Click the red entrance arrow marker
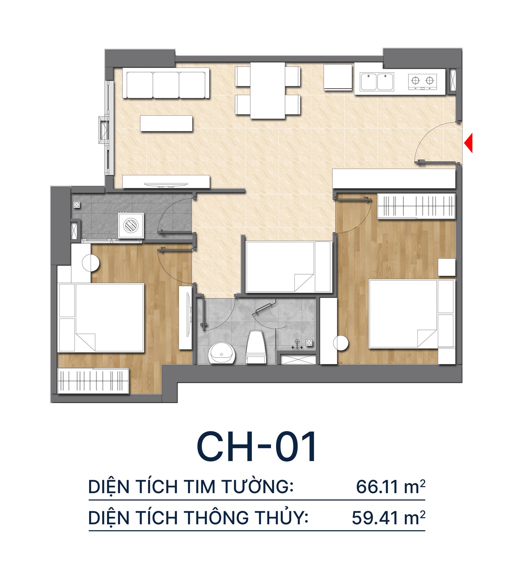pos(468,143)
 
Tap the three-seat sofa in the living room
pos(166,84)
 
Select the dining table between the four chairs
pos(268,91)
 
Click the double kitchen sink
pos(377,82)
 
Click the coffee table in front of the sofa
pos(166,123)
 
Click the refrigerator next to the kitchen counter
pos(338,77)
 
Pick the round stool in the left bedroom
pos(91,263)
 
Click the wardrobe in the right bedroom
pos(416,206)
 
